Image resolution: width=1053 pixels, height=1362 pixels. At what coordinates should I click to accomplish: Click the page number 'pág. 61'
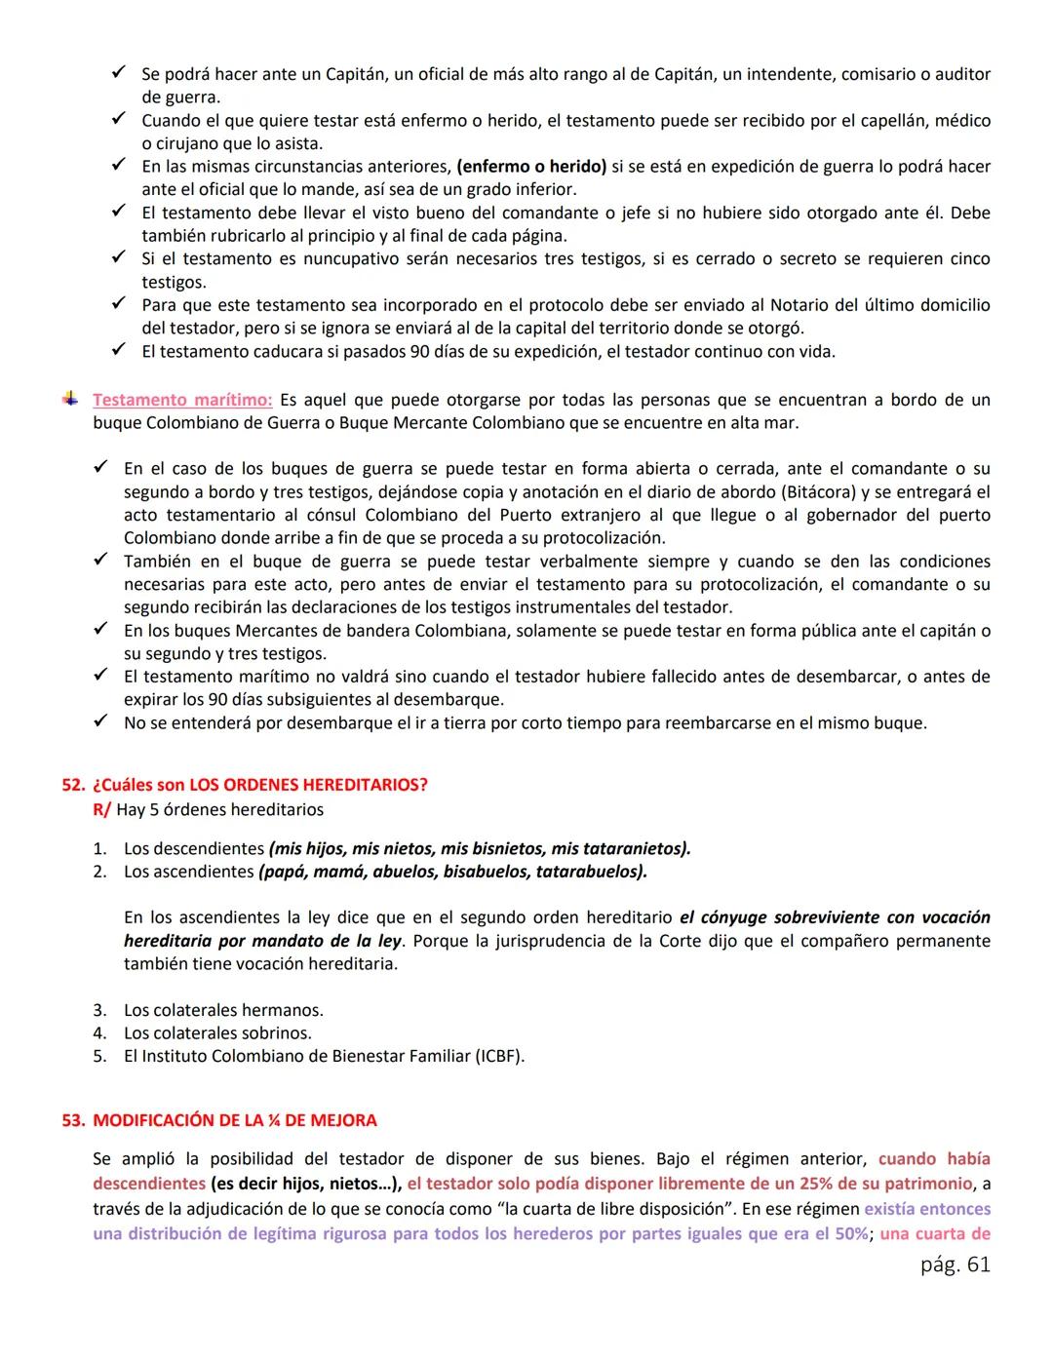(954, 1265)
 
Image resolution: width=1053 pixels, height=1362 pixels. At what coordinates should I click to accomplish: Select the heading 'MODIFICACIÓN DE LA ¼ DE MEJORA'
(234, 1120)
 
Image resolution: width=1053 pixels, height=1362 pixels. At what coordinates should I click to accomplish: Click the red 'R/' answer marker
(101, 809)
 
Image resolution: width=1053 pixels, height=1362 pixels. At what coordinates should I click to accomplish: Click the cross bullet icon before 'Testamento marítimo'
(69, 399)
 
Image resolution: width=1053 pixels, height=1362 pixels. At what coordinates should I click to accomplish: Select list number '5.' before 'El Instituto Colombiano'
(99, 1056)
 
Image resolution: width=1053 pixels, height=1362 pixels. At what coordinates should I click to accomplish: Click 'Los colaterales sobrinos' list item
(217, 1032)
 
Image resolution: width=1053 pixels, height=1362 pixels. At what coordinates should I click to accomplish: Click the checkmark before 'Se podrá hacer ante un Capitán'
(118, 73)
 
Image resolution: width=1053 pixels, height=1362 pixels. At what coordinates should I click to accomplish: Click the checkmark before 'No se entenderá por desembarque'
(99, 722)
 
